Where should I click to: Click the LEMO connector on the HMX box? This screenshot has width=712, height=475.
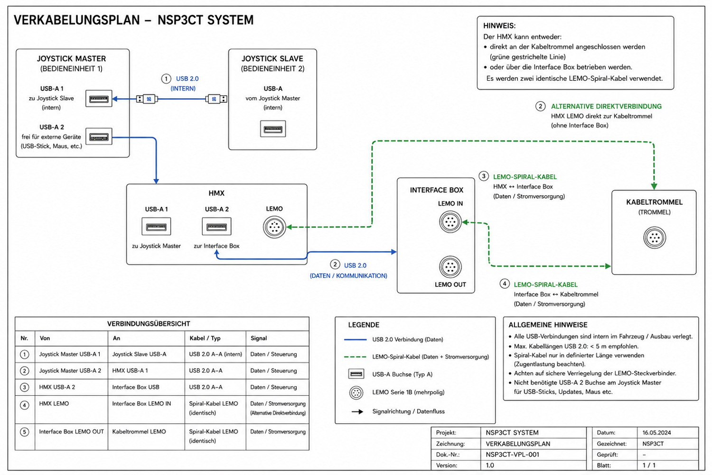274,227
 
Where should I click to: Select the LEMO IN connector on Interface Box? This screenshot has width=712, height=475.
450,222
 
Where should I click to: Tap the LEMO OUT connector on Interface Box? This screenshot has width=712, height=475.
450,266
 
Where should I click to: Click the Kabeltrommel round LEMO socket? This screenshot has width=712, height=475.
655,237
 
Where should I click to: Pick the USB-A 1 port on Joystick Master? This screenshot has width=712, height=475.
99,99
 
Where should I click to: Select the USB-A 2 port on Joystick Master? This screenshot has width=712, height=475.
99,137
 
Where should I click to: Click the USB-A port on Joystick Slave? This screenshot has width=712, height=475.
273,129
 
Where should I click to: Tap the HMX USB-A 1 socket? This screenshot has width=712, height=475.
156,227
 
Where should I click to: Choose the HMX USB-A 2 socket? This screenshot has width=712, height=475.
216,227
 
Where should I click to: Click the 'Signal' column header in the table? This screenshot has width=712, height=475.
258,338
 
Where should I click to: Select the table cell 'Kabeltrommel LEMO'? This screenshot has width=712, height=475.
139,431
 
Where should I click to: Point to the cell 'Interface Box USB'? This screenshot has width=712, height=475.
135,387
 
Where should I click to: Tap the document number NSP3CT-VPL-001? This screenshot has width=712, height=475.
512,454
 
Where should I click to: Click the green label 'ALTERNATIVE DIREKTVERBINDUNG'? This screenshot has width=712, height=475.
606,106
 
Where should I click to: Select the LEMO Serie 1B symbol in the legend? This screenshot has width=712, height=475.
356,393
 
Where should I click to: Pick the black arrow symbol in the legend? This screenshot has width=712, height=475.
357,412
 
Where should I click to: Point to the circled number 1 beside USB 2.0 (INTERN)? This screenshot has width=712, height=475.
166,78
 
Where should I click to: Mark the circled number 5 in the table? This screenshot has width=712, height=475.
25,432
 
